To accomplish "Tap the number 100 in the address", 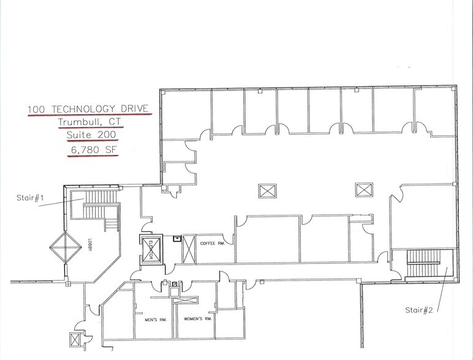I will [x=38, y=110].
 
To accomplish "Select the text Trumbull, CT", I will [x=86, y=121].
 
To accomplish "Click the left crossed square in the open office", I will [x=267, y=190].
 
